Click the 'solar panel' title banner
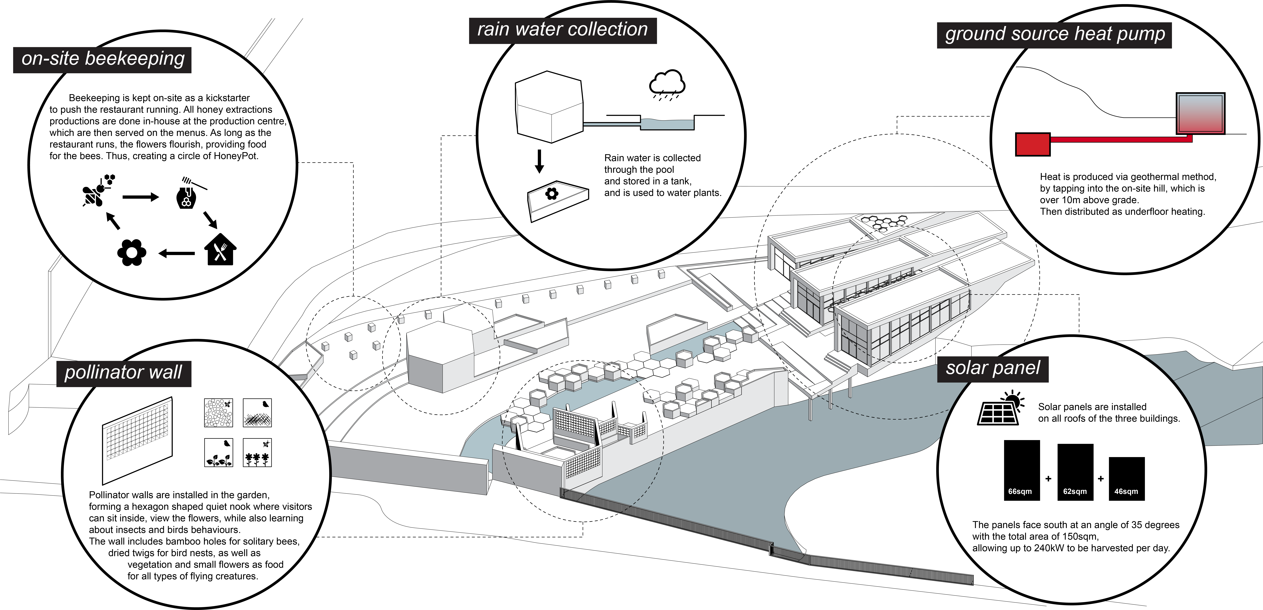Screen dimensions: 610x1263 tap(993, 369)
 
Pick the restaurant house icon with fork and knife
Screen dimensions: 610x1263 tap(220, 250)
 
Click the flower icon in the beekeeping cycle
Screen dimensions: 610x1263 tap(131, 253)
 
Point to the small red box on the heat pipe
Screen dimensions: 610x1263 tap(1032, 145)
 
